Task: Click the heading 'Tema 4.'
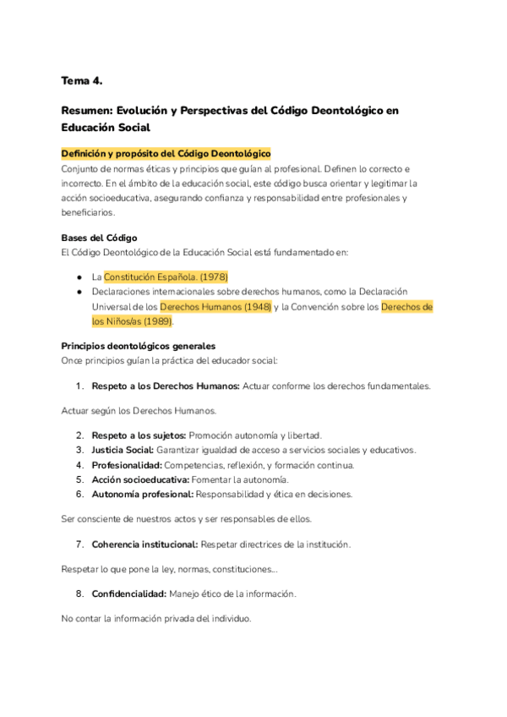pyautogui.click(x=81, y=80)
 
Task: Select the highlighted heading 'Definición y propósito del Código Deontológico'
pyautogui.click(x=166, y=153)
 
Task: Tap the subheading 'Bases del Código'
pyautogui.click(x=99, y=237)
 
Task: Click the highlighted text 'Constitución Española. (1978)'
pyautogui.click(x=166, y=276)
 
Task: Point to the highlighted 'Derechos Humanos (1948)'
pyautogui.click(x=215, y=306)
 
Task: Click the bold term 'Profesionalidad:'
pyautogui.click(x=127, y=465)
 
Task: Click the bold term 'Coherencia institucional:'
pyautogui.click(x=144, y=544)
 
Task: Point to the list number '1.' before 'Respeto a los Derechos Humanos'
pyautogui.click(x=79, y=386)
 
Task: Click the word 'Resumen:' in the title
pyautogui.click(x=87, y=110)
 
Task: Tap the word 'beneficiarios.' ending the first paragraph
pyautogui.click(x=90, y=212)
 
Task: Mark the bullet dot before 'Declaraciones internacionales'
pyautogui.click(x=78, y=292)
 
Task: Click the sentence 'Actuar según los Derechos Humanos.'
pyautogui.click(x=139, y=411)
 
